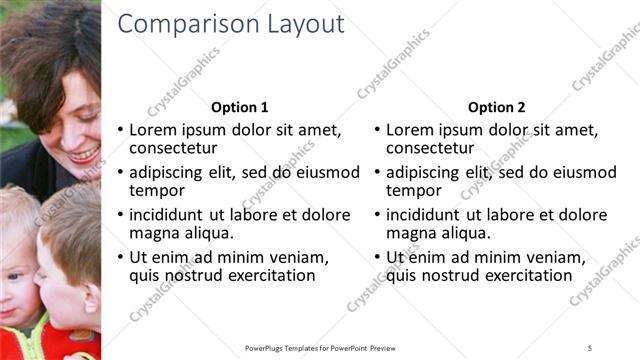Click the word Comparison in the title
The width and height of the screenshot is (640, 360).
tap(181, 25)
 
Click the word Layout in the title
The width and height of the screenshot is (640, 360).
tap(299, 25)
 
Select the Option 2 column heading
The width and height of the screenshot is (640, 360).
tap(496, 107)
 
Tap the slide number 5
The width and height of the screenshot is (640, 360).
tap(590, 348)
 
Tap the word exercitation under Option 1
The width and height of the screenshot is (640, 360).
tap(267, 275)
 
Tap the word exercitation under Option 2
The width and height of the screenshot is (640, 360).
tap(523, 275)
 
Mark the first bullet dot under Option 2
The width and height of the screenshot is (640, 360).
tap(377, 131)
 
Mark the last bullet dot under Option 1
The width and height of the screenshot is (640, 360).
tap(121, 257)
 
